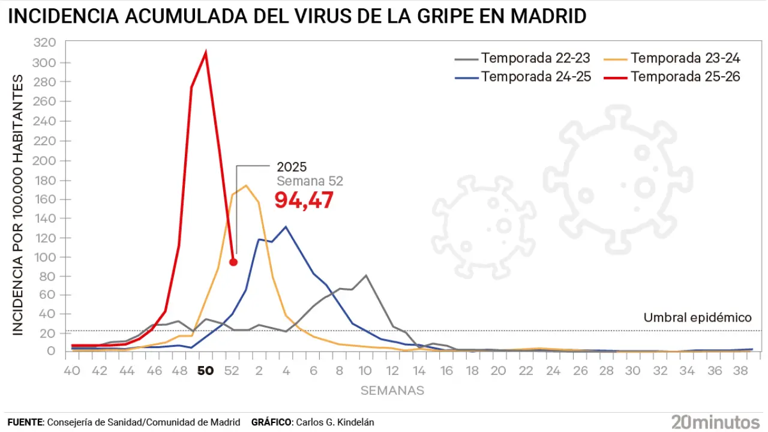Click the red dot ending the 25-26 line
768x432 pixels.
coord(233,262)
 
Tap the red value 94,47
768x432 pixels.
coord(304,201)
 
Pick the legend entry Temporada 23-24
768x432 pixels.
coord(685,58)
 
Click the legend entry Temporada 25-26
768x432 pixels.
coord(685,77)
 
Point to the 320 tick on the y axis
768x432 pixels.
coord(46,43)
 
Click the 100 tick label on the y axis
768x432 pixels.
coord(46,257)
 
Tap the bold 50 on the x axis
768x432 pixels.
coord(205,371)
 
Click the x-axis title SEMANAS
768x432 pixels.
coord(392,391)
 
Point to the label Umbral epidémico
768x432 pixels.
coord(697,317)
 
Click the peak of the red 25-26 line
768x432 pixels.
coord(206,53)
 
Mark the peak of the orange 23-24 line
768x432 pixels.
coord(245,185)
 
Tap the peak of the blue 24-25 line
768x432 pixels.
coord(286,227)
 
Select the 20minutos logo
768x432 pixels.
coord(715,421)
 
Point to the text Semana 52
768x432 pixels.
coord(310,181)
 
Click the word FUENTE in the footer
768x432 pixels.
coord(25,422)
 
